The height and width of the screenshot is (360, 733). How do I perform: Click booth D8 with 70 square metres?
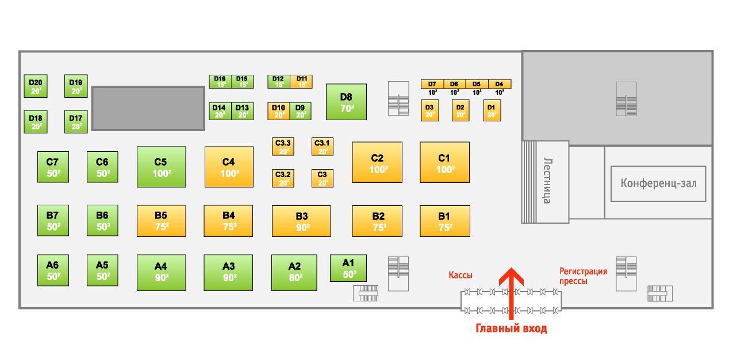click(347, 102)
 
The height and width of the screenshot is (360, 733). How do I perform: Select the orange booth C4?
click(229, 167)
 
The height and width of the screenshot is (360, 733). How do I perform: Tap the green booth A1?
click(348, 268)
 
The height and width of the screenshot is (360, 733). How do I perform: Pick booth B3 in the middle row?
click(301, 221)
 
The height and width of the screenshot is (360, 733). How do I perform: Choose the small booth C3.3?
click(283, 146)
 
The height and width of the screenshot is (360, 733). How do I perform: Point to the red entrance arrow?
click(511, 290)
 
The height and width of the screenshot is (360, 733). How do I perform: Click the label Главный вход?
click(511, 329)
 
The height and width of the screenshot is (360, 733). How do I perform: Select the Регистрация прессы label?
click(583, 276)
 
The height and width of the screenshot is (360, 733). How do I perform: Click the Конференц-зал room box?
click(658, 183)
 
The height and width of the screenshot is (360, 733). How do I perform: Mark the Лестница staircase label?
click(547, 181)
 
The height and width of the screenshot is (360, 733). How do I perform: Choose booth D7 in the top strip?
click(432, 84)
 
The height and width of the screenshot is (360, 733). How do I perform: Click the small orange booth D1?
click(491, 110)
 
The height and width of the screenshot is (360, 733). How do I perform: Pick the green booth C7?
click(52, 167)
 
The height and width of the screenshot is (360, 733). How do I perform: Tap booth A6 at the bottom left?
click(52, 270)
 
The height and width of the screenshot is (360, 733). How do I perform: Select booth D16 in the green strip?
click(220, 81)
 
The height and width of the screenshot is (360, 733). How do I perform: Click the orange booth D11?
click(301, 81)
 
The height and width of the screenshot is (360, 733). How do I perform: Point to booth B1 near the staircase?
click(444, 221)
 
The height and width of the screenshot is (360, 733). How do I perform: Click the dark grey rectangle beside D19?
click(148, 108)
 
